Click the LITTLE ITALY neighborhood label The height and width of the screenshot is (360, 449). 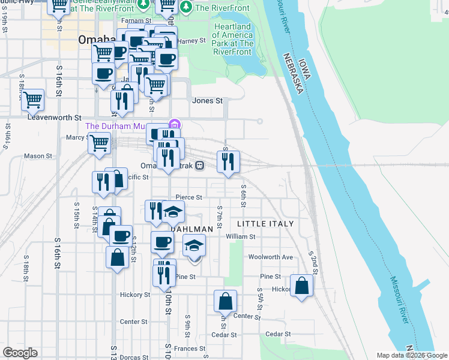click(265, 224)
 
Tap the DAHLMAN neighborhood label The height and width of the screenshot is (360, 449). click(192, 229)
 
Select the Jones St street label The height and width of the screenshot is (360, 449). click(207, 101)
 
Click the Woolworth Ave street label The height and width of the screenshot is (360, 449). click(271, 257)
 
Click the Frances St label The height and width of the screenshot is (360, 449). click(190, 348)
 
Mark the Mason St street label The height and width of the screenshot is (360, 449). click(38, 156)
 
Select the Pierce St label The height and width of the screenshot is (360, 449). click(188, 197)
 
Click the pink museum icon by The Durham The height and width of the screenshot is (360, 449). click(175, 125)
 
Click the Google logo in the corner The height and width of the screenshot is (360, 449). click(20, 353)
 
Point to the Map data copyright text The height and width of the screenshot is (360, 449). click(412, 355)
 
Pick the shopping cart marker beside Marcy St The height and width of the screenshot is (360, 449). click(99, 143)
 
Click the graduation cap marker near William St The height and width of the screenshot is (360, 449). click(194, 246)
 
